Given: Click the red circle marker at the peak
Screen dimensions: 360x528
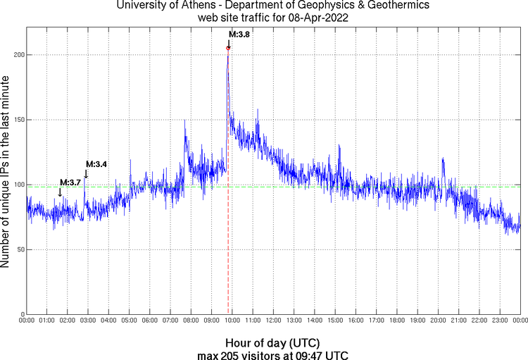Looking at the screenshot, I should pyautogui.click(x=228, y=48).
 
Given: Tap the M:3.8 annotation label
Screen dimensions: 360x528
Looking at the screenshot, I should pyautogui.click(x=239, y=34).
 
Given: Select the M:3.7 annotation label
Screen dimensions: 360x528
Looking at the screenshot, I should pyautogui.click(x=70, y=182).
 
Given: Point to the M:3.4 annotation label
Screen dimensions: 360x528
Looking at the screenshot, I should pyautogui.click(x=96, y=164).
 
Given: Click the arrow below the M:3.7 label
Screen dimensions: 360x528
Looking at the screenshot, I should pyautogui.click(x=60, y=192).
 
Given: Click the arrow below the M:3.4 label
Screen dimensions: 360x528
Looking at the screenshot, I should pyautogui.click(x=86, y=174).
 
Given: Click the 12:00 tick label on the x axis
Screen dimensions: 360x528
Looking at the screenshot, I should pyautogui.click(x=273, y=321).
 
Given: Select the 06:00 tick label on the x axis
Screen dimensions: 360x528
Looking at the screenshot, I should pyautogui.click(x=150, y=321).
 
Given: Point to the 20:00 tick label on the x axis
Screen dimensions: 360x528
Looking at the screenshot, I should pyautogui.click(x=438, y=321).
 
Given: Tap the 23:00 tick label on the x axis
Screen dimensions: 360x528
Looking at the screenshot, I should pyautogui.click(x=500, y=321).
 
